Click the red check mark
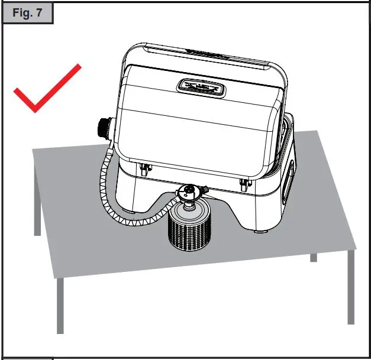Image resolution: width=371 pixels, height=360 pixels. tap(44, 92)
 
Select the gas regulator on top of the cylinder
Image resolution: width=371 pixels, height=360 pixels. tap(189, 193)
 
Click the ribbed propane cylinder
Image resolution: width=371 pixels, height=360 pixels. tap(189, 231)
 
